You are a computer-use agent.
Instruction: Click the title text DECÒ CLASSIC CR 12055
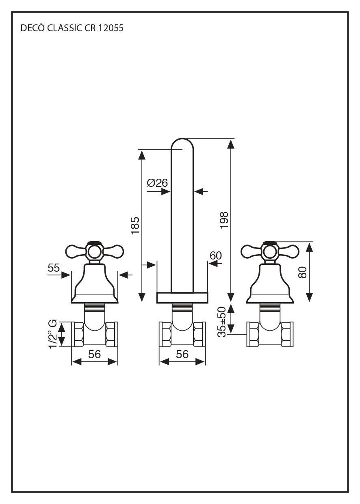coord(72,28)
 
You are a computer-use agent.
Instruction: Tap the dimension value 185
coord(135,225)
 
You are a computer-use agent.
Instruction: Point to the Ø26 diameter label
coord(158,183)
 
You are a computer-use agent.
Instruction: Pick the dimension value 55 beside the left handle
coord(54,268)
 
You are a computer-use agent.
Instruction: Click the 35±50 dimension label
coord(221,322)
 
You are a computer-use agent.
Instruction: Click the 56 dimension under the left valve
coord(95,354)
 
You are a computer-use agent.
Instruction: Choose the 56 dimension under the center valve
coord(182,354)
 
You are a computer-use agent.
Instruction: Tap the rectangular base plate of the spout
coord(182,297)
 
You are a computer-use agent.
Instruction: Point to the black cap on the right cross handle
coord(270,243)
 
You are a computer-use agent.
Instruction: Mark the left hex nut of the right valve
coord(254,334)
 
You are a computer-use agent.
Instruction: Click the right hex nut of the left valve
coord(111,334)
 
